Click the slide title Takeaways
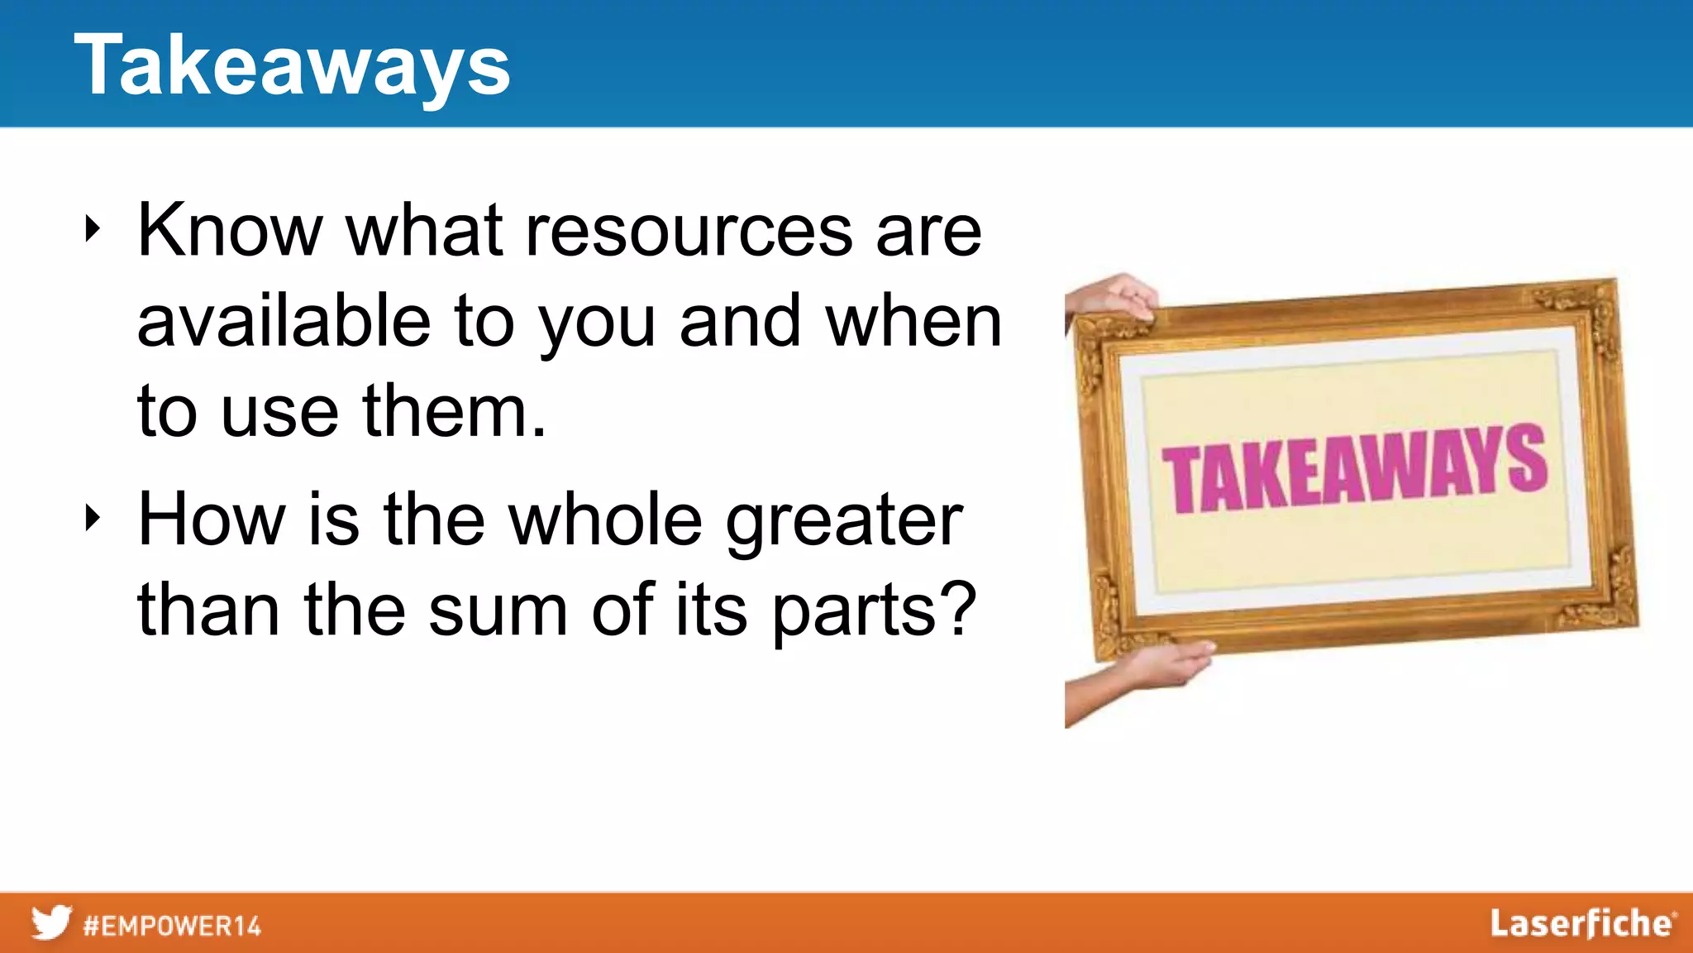(292, 66)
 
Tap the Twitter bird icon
(51, 922)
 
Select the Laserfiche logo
(1582, 924)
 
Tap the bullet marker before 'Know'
(93, 229)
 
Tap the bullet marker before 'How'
(93, 519)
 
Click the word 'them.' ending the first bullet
(454, 411)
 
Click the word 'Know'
(229, 231)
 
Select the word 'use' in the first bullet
(279, 413)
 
